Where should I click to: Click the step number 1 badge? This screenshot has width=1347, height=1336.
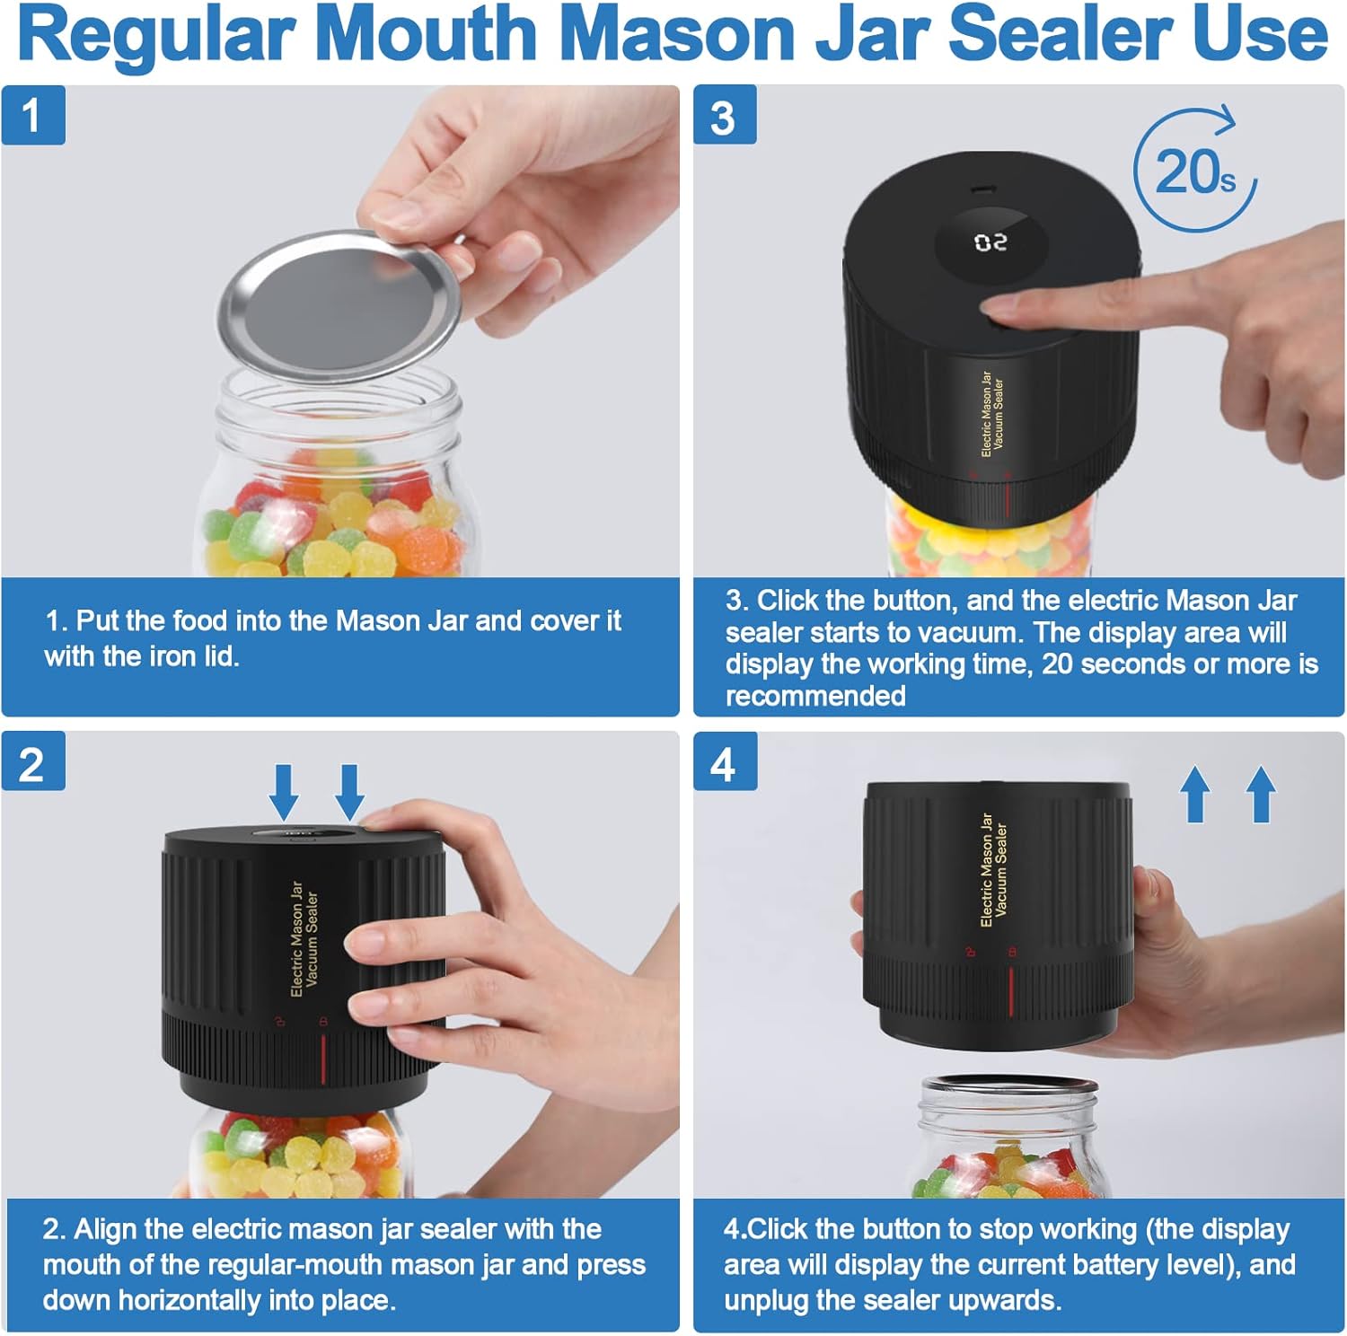click(32, 115)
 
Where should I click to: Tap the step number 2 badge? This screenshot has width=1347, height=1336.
click(32, 763)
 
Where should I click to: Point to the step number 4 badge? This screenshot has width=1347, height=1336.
click(724, 763)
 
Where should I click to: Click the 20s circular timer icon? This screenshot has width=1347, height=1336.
click(1194, 171)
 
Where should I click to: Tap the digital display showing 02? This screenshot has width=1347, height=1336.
click(990, 242)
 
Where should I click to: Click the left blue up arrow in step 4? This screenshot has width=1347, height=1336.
click(1194, 794)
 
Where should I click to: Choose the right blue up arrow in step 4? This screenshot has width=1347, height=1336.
click(1261, 794)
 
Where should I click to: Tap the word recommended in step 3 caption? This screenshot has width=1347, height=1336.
click(815, 696)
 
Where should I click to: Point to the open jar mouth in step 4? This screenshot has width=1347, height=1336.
click(1008, 1088)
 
